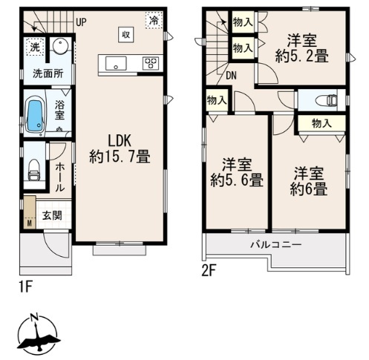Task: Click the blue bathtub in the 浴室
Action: [x=35, y=116]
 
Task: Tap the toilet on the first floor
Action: [x=34, y=170]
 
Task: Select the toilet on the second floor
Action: [x=327, y=100]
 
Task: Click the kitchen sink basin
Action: [x=116, y=63]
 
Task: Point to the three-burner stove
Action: [x=151, y=63]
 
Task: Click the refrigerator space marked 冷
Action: [x=154, y=20]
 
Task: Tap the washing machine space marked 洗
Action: [x=35, y=47]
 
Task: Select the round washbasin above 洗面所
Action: [x=60, y=45]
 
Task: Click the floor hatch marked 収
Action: [x=126, y=34]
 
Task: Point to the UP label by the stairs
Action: [x=81, y=22]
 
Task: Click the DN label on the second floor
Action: [x=232, y=76]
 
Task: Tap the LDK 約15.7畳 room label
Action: [x=120, y=148]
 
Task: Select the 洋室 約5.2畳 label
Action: [x=302, y=48]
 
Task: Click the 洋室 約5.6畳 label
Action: [x=237, y=172]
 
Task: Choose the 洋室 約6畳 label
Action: [x=309, y=181]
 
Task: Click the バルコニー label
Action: [x=276, y=245]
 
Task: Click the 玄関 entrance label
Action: [x=52, y=215]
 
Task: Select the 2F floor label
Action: [x=209, y=272]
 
